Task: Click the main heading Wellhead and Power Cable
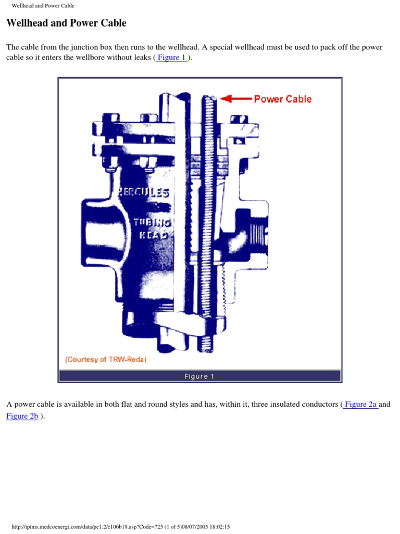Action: [x=66, y=23]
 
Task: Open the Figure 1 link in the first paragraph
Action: [x=171, y=57]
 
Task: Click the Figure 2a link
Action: [x=360, y=404]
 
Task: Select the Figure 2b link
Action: [x=22, y=416]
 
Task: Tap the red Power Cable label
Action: [x=282, y=99]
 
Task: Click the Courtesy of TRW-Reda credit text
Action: [x=105, y=359]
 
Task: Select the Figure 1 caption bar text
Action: [x=199, y=376]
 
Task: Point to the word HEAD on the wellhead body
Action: [x=154, y=235]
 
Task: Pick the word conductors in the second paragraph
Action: [x=318, y=404]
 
